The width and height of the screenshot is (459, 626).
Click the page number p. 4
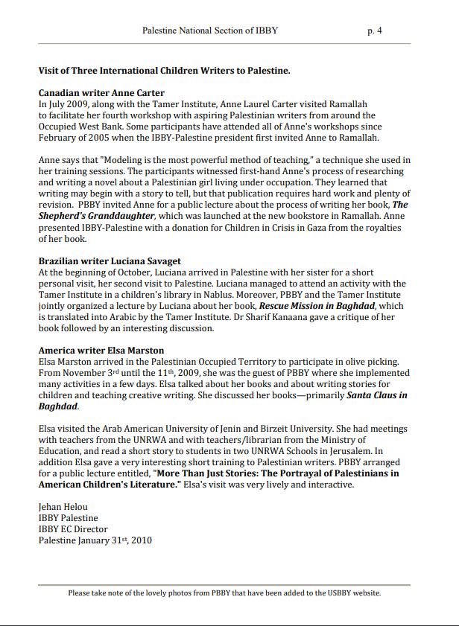click(x=375, y=31)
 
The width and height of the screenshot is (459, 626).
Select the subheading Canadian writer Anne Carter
click(x=101, y=94)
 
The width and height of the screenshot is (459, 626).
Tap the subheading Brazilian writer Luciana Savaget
click(x=110, y=261)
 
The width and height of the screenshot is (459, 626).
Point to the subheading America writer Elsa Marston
click(x=101, y=350)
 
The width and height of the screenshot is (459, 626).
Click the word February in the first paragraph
click(x=59, y=138)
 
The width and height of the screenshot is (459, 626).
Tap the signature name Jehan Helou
click(x=64, y=507)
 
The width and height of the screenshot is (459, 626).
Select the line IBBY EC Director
click(x=73, y=529)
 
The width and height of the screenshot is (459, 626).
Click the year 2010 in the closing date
click(x=140, y=540)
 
